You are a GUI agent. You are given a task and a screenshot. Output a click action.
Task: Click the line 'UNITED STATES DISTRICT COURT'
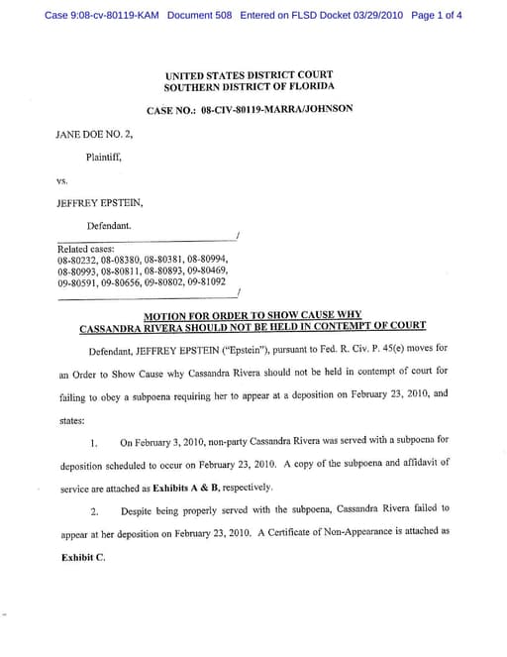click(x=249, y=74)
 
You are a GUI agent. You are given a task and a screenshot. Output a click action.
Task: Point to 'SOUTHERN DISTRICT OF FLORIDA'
click(x=249, y=87)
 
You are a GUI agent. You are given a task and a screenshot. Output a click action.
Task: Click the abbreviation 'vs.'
click(x=64, y=180)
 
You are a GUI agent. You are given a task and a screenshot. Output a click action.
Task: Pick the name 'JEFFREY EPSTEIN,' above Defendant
click(x=100, y=203)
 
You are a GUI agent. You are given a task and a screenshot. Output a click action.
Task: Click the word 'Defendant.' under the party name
click(x=111, y=226)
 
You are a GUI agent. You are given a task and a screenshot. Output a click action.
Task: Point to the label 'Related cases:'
click(x=86, y=249)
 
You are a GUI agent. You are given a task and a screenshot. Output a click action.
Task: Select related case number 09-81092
click(x=212, y=281)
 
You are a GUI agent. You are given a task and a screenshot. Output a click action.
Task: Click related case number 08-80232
click(x=77, y=260)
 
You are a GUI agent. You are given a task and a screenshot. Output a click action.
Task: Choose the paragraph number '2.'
click(x=92, y=508)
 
